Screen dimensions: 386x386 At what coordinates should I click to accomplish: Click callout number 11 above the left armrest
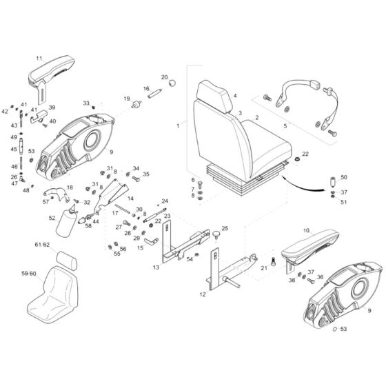39,58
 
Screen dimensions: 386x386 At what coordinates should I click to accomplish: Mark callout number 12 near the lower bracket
203,294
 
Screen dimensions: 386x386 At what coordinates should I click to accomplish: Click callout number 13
156,266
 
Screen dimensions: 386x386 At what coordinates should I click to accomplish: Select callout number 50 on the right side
345,178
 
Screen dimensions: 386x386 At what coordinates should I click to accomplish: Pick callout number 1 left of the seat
179,126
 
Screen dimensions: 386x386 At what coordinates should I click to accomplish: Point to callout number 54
190,258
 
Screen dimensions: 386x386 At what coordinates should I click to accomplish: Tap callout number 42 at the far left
6,111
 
